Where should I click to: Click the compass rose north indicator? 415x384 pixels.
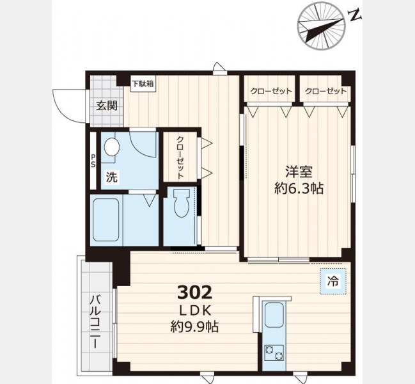point(322,26)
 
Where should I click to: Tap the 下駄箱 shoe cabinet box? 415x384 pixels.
point(143,84)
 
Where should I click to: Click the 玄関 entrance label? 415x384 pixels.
point(107,106)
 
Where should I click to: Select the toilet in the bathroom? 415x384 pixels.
point(182,203)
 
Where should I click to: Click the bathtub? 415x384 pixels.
point(106,220)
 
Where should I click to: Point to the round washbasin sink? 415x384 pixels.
point(112,147)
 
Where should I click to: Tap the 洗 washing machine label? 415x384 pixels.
point(111,177)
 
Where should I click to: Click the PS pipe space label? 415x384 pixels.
point(93,161)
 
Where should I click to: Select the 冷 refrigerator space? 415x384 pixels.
point(333,281)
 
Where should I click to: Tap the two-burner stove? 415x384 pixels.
point(274,353)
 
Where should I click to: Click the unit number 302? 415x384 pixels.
point(194,292)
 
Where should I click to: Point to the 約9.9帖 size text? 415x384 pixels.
point(194,327)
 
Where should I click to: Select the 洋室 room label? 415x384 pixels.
point(299,172)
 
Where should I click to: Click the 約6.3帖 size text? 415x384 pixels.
point(299,189)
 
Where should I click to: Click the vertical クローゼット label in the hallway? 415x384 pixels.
point(180,157)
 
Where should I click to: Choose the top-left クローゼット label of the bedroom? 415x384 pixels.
point(270,91)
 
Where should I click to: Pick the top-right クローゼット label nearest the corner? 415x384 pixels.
point(325,91)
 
